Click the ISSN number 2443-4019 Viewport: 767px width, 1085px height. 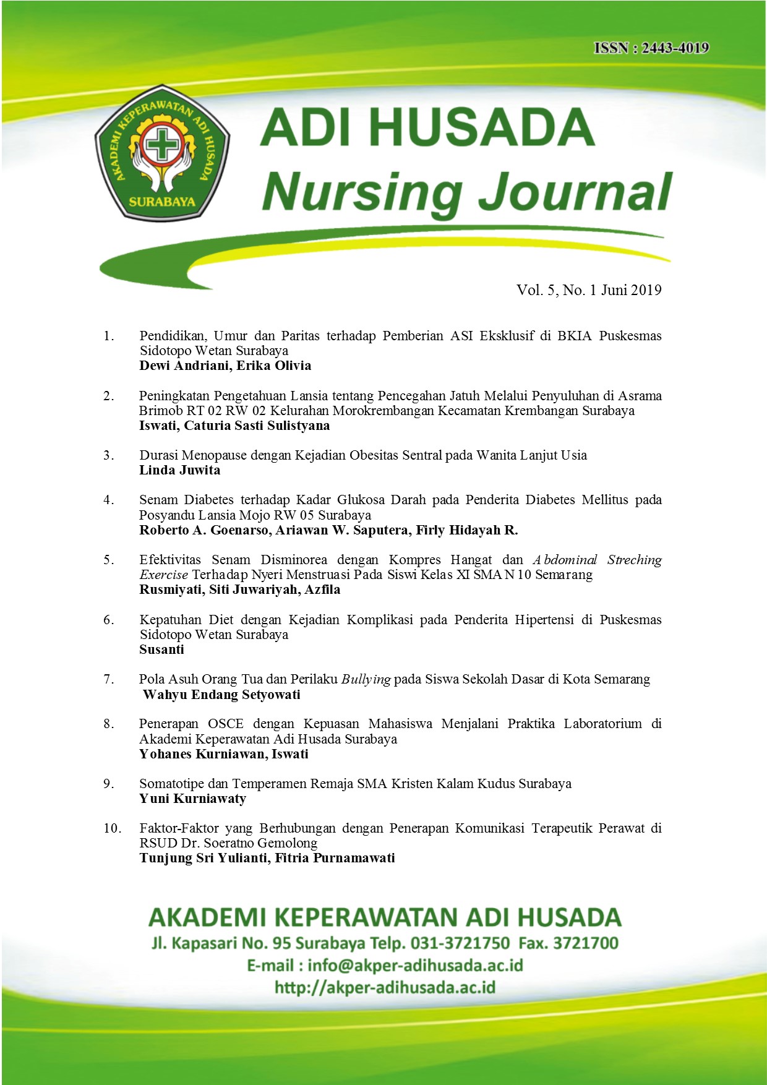675,48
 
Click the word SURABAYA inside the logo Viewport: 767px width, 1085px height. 161,202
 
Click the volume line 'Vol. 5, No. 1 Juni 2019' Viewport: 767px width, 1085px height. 589,290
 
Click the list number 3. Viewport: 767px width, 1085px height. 108,455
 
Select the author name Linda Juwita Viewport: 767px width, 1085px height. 179,470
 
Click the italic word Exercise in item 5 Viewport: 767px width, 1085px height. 163,575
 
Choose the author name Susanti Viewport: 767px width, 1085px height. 161,650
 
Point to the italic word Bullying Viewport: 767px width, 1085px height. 366,679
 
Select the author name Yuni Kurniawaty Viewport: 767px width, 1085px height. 192,799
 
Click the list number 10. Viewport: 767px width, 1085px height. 112,828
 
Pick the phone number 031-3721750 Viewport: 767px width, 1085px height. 461,943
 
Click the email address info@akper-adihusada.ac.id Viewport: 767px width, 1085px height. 415,966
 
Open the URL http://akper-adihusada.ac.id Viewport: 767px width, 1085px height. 385,987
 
